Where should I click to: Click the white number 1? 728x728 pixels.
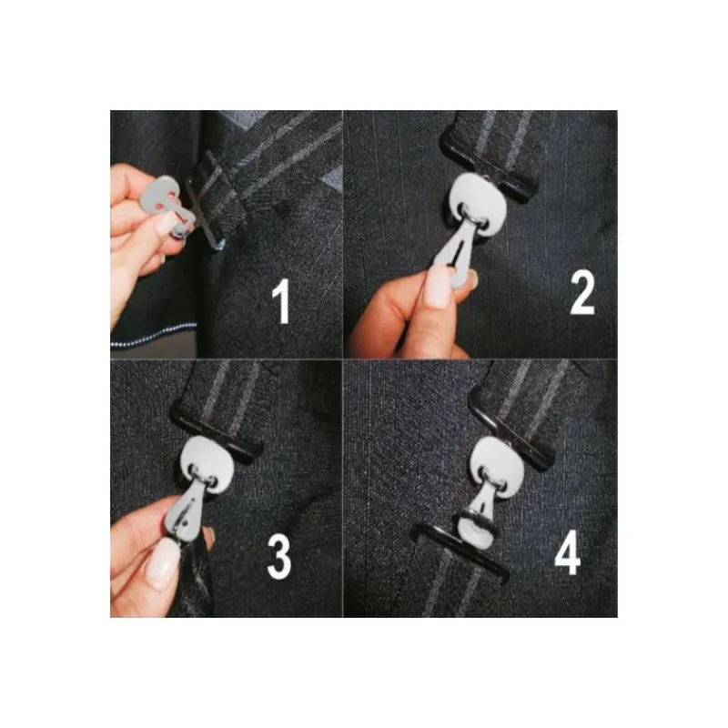(x=281, y=301)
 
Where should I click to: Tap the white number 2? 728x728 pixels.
(x=581, y=292)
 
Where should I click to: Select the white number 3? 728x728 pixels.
(x=279, y=556)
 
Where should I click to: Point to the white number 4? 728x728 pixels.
(x=568, y=552)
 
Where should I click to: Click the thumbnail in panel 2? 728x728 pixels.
(x=438, y=288)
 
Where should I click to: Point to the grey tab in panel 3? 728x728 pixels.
(x=186, y=511)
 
